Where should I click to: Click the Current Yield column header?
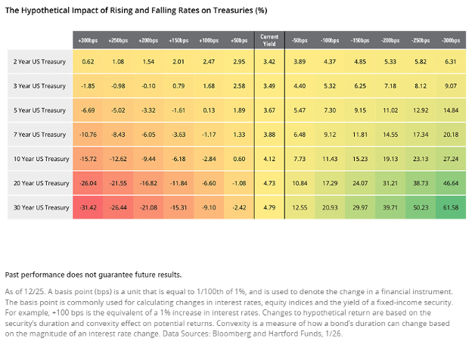269,40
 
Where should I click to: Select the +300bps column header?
88,40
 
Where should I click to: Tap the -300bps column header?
451,40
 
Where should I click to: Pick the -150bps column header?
360,40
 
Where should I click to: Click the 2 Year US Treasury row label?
39,62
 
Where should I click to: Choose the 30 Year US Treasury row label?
42,208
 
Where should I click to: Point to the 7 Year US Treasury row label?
39,135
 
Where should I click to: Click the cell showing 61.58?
451,208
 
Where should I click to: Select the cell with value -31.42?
88,208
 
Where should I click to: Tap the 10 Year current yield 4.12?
269,159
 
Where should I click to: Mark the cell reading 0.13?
209,110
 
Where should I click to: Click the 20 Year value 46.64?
451,183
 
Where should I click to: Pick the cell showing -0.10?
148,86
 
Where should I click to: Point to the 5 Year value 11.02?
390,110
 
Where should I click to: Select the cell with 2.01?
179,62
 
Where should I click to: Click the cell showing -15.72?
88,159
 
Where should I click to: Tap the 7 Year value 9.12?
330,135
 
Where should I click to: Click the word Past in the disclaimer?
12,275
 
